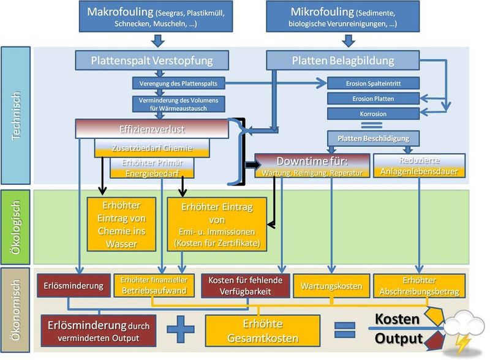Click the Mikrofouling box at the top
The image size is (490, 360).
coord(348,17)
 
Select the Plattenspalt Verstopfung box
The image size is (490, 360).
coord(152,60)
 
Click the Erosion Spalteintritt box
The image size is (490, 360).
coord(373,83)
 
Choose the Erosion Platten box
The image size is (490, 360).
coord(373,99)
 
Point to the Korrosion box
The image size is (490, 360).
coord(373,113)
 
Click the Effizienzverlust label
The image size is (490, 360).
coord(152,129)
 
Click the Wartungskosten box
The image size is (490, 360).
coord(331,286)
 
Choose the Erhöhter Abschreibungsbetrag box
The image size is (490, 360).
coord(420,286)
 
